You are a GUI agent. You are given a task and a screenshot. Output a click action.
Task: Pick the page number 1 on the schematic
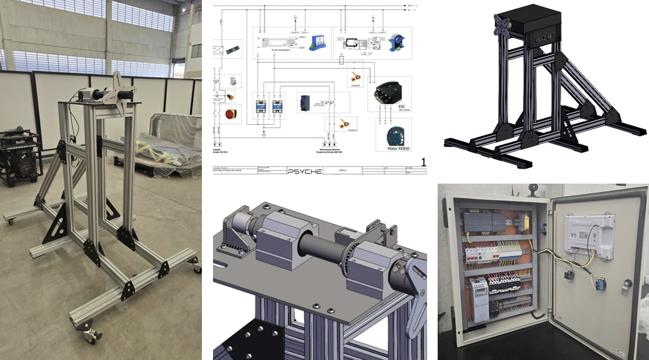[423, 162]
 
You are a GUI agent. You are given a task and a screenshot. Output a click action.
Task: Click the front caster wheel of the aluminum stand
[91, 334]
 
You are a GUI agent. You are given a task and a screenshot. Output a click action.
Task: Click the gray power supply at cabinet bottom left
[479, 300]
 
